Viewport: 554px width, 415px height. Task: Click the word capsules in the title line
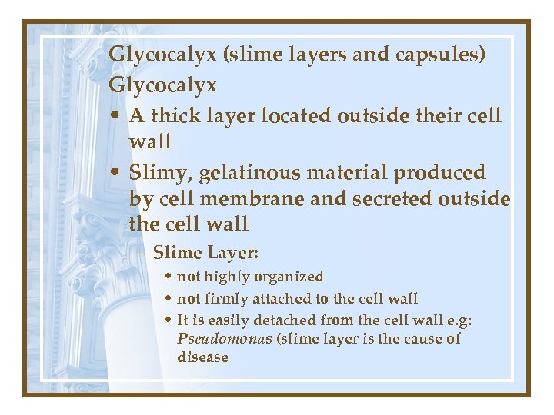[442, 56]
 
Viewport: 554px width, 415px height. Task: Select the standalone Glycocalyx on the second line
[162, 85]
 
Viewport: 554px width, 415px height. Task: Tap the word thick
[175, 115]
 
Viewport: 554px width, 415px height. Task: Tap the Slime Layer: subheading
[205, 253]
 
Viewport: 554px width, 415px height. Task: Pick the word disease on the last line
[202, 357]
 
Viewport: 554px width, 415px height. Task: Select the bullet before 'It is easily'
[168, 320]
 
